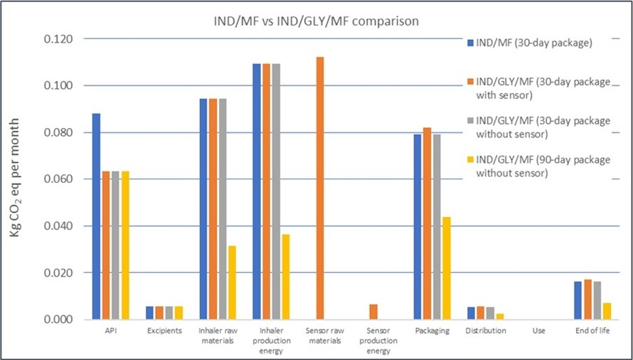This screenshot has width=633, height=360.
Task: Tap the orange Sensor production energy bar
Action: pos(373,312)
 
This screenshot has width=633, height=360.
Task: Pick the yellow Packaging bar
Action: pos(446,268)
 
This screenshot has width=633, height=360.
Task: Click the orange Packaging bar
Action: pos(427,223)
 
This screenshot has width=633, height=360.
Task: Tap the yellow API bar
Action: pos(125,245)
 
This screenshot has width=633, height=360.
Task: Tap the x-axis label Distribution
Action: pos(486,331)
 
